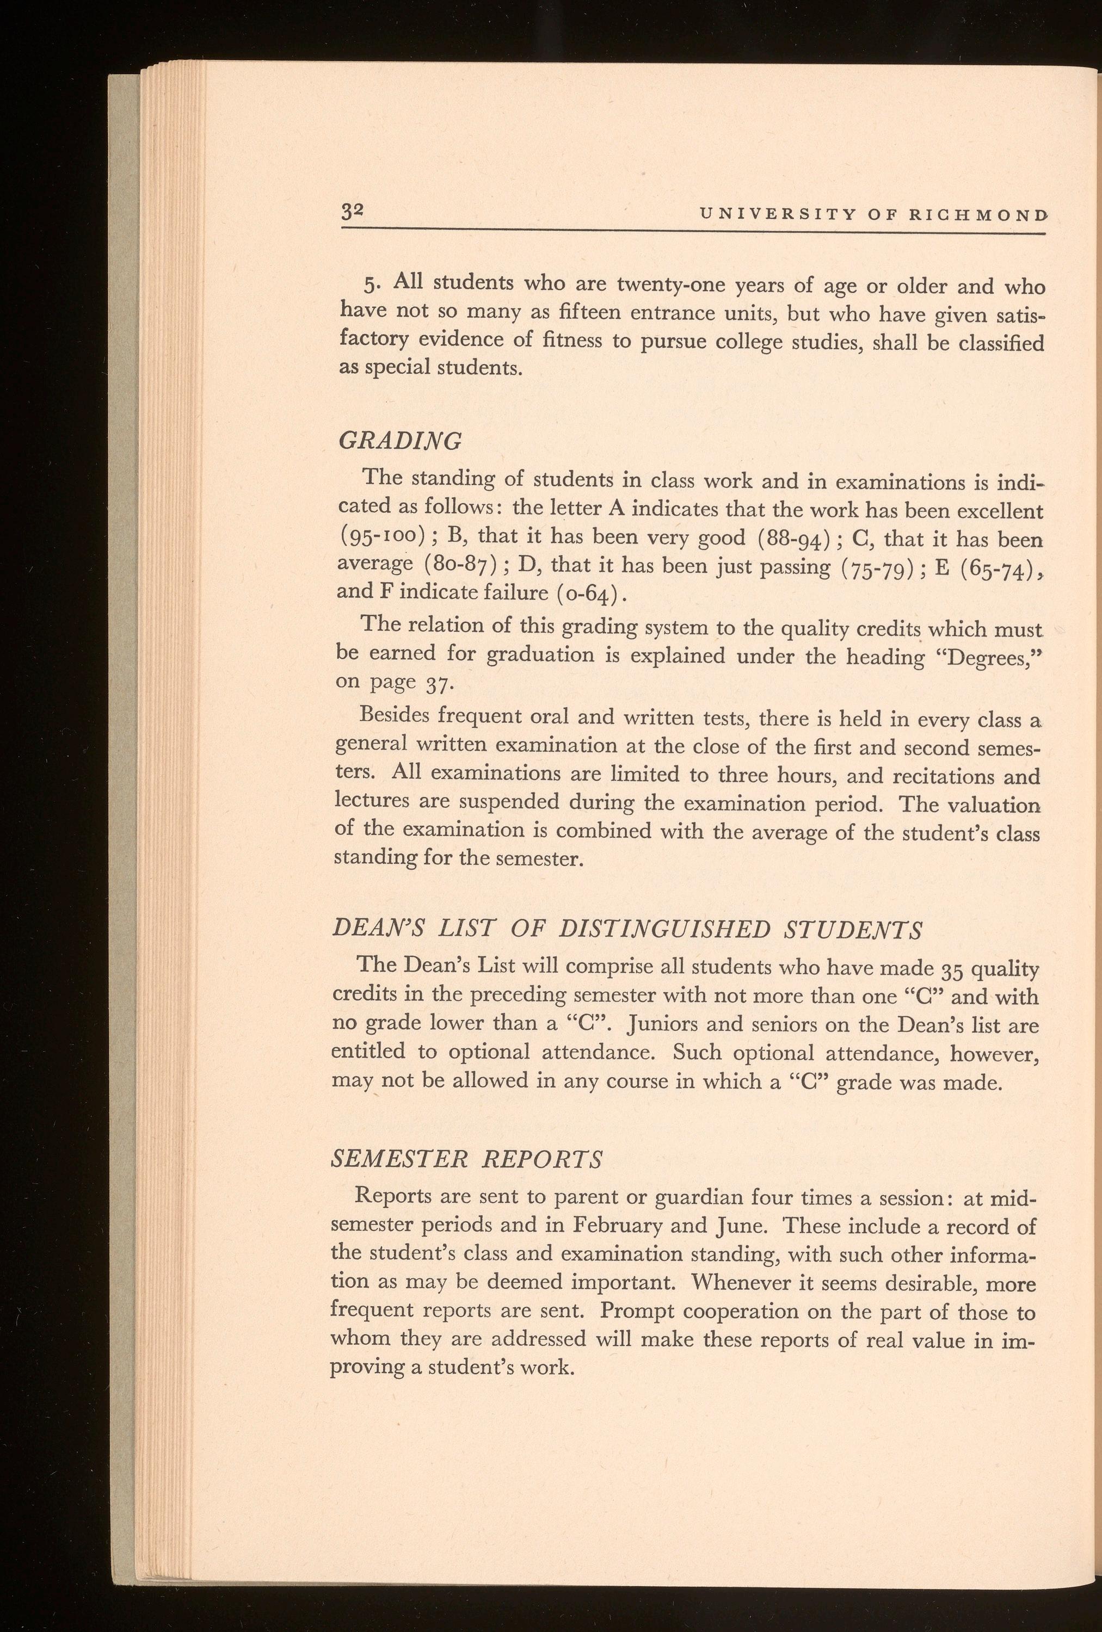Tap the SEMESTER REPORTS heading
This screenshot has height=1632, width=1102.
click(466, 1159)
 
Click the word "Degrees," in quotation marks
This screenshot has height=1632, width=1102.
click(989, 656)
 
